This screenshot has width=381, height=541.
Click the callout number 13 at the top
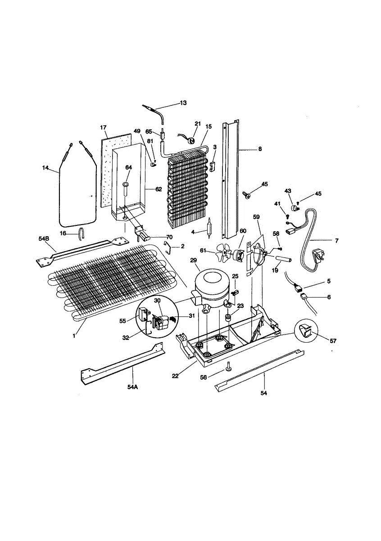183,103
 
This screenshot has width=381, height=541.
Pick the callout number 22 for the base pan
175,376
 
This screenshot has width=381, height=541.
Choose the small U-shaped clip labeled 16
82,234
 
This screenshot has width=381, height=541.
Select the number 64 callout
128,167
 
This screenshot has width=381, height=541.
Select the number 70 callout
169,237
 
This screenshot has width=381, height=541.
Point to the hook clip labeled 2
168,246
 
